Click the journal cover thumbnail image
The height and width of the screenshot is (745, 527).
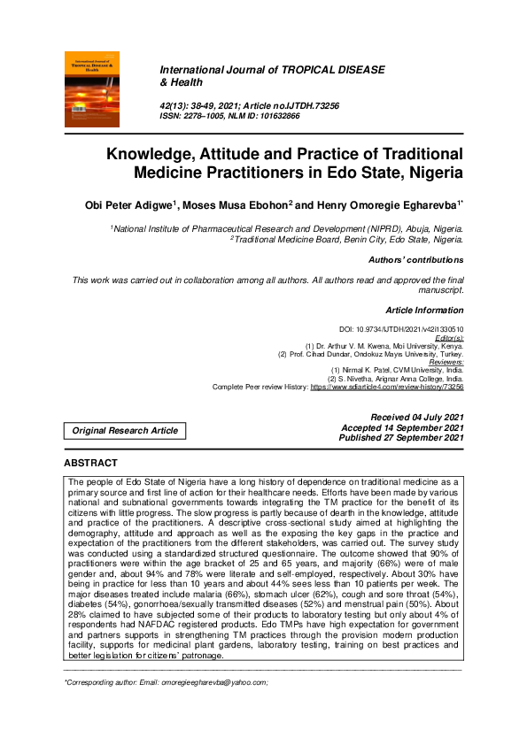pos(97,86)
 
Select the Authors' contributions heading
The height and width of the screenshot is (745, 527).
pos(415,260)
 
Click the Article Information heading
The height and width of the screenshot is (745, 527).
pos(424,311)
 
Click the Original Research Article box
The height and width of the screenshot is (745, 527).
pos(125,431)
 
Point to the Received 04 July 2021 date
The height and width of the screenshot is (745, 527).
pos(416,417)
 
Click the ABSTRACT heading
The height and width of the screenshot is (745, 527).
pos(90,463)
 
